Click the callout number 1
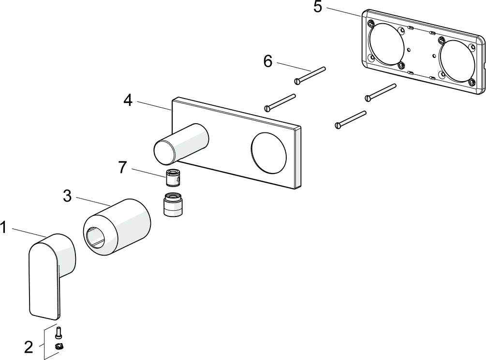(x=4, y=227)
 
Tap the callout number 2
(x=29, y=346)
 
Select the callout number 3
(x=67, y=196)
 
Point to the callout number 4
(x=128, y=100)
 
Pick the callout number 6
(x=268, y=61)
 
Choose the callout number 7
(x=122, y=167)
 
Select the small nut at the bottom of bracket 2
(x=60, y=346)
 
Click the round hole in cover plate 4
(x=268, y=151)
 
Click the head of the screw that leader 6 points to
(x=298, y=81)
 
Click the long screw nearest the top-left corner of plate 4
(x=280, y=102)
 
